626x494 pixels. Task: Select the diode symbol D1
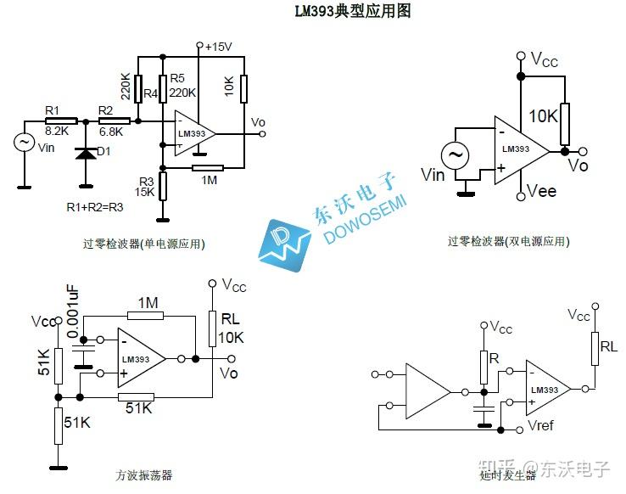[85, 154]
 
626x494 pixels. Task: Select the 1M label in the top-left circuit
[209, 179]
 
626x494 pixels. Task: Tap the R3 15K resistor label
[145, 187]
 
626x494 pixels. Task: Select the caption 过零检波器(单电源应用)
[144, 244]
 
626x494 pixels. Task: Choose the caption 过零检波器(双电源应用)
[509, 242]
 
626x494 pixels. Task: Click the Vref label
[543, 424]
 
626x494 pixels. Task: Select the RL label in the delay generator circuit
[609, 347]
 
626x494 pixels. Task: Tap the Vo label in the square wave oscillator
[228, 372]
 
